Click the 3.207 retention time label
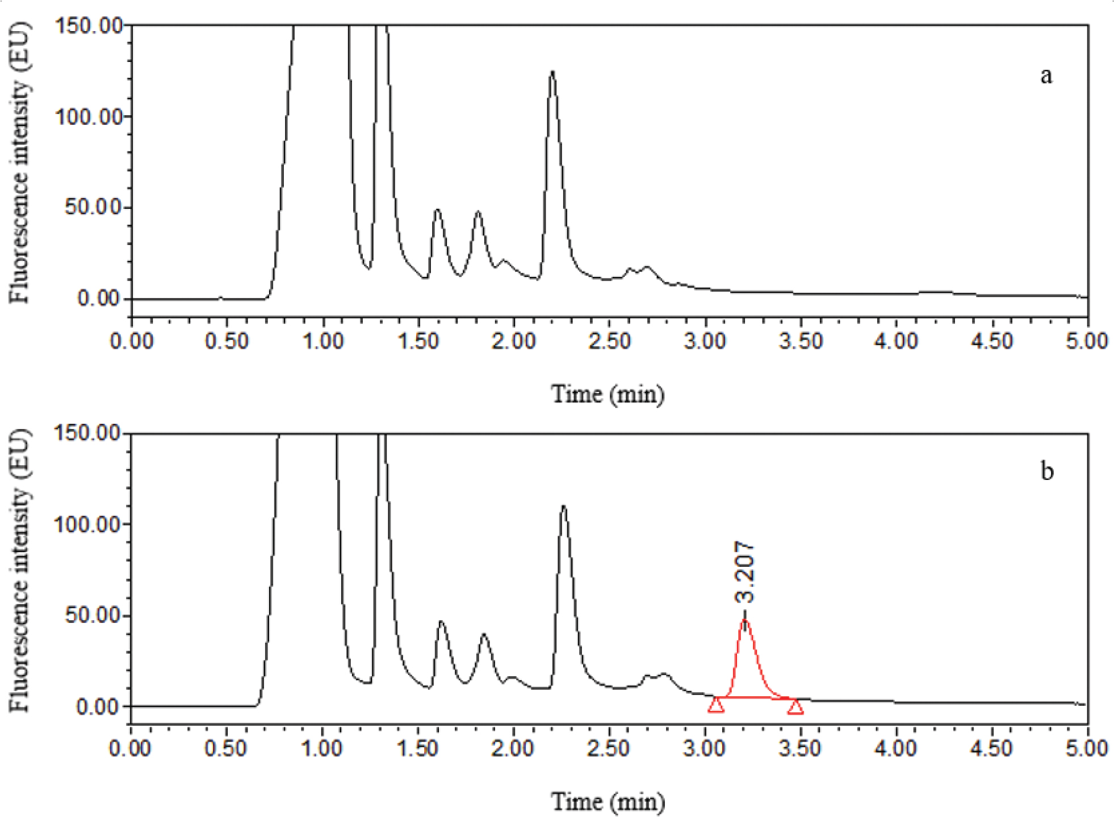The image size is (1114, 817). pyautogui.click(x=744, y=572)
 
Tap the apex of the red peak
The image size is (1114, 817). pyautogui.click(x=745, y=621)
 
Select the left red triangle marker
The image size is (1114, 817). pyautogui.click(x=716, y=705)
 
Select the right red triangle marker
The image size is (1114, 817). pyautogui.click(x=795, y=707)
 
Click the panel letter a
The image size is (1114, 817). pyautogui.click(x=1046, y=75)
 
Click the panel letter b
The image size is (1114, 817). pyautogui.click(x=1047, y=471)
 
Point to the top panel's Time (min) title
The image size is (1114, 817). pyautogui.click(x=608, y=394)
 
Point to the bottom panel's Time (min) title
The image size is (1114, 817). pyautogui.click(x=608, y=802)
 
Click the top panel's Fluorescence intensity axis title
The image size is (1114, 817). pyautogui.click(x=19, y=163)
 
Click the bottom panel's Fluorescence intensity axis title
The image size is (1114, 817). pyautogui.click(x=19, y=570)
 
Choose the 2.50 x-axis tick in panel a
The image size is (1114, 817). pyautogui.click(x=609, y=342)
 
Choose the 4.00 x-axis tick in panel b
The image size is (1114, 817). pyautogui.click(x=895, y=749)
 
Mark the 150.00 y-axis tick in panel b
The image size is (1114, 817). pyautogui.click(x=88, y=433)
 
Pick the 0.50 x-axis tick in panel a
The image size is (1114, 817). pyautogui.click(x=227, y=342)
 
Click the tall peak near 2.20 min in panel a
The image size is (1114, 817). pyautogui.click(x=552, y=72)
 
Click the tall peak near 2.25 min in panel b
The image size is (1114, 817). pyautogui.click(x=563, y=507)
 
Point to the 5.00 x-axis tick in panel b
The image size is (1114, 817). pyautogui.click(x=1087, y=749)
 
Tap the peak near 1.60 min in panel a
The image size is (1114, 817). pyautogui.click(x=437, y=210)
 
